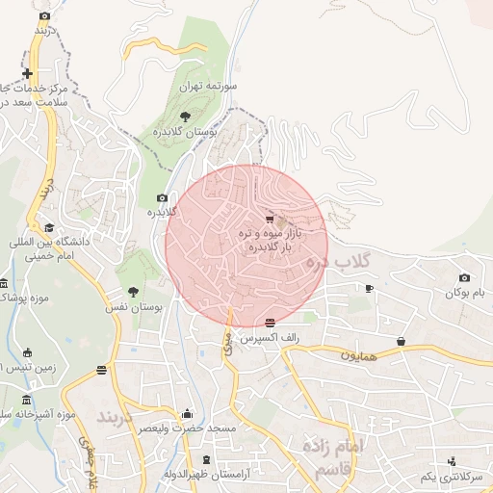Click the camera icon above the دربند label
[45, 16]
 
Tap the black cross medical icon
[28, 73]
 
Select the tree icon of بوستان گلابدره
[185, 116]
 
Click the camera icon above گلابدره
[162, 197]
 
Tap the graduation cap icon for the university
[49, 227]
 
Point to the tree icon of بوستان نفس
[133, 291]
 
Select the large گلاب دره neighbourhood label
[337, 261]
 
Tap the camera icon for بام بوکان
[464, 278]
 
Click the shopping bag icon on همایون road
[401, 341]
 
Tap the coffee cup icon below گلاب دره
[369, 287]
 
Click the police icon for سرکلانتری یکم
[453, 461]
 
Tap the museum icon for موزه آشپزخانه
[26, 400]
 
